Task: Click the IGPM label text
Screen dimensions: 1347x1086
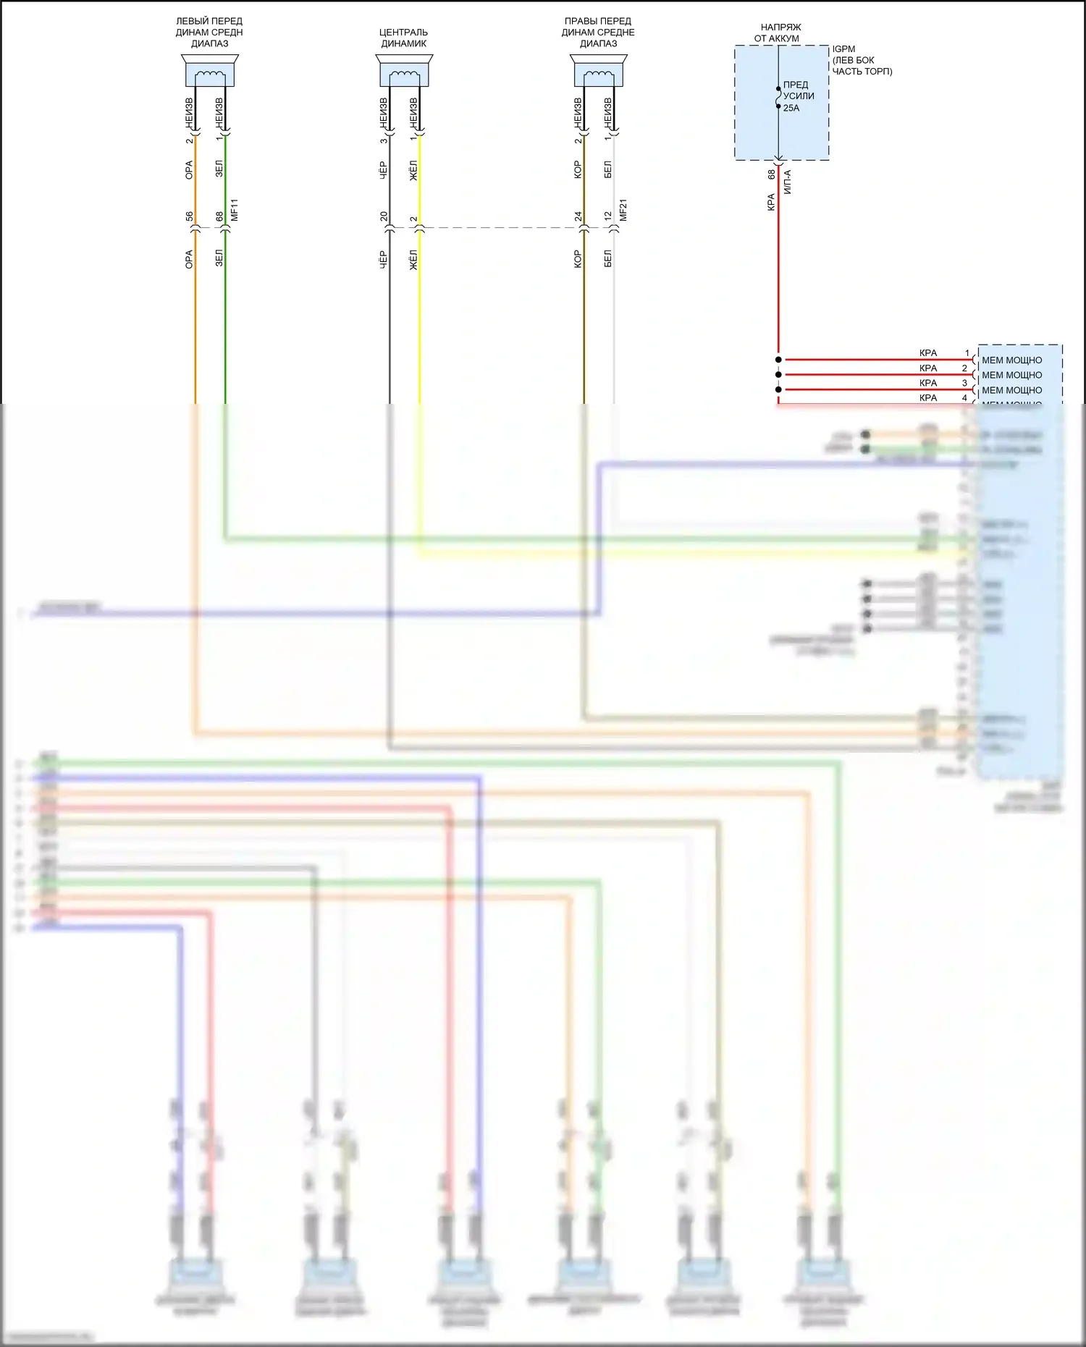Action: click(x=843, y=49)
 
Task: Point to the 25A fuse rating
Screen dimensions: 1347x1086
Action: click(x=791, y=108)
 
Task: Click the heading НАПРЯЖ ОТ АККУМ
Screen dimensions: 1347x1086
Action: click(x=779, y=33)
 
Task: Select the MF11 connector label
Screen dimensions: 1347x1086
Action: click(x=235, y=210)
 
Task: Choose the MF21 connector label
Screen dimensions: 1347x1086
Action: click(x=623, y=210)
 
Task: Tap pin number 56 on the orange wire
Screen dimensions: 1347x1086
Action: click(x=189, y=216)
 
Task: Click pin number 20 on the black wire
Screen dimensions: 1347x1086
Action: click(x=384, y=216)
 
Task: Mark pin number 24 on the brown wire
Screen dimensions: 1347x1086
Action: click(x=578, y=216)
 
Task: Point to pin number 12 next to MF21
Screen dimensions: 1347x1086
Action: click(x=608, y=216)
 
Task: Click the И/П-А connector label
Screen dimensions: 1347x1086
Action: click(x=788, y=182)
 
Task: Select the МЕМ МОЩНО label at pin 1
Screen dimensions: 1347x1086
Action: click(x=1011, y=360)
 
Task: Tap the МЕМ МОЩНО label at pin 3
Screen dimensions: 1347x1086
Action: click(x=1011, y=390)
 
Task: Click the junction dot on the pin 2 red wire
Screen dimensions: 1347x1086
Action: click(x=778, y=375)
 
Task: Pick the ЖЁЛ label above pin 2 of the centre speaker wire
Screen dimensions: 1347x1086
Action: click(x=413, y=171)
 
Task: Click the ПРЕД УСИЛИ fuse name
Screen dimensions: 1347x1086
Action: click(x=798, y=90)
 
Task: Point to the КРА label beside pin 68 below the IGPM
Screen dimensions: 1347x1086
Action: click(x=771, y=202)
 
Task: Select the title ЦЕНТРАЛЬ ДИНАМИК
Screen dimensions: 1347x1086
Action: click(x=403, y=38)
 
